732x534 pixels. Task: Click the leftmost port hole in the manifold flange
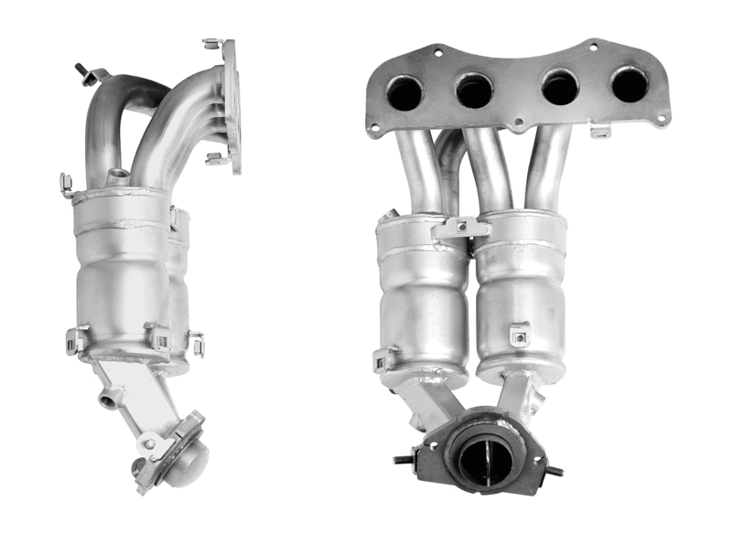(404, 91)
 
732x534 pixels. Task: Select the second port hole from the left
(474, 91)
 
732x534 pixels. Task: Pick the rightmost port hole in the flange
(630, 85)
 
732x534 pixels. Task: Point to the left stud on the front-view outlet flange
(403, 460)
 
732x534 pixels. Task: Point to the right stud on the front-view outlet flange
(554, 470)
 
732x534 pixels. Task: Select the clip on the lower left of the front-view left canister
(384, 358)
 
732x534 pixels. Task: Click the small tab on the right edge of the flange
(600, 133)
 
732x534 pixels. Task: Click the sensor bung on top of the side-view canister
(116, 176)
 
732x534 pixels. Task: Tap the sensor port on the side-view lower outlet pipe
(111, 397)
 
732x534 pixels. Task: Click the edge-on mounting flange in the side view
(231, 105)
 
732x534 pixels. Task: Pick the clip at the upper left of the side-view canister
(66, 185)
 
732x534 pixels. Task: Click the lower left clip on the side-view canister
(77, 341)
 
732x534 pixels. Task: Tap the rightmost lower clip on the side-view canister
(195, 344)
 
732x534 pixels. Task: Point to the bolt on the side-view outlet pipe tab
(149, 445)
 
